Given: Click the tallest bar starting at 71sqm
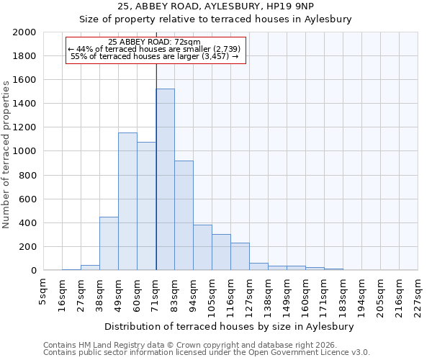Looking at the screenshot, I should (x=165, y=180).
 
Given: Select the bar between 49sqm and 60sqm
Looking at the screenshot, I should (x=127, y=202).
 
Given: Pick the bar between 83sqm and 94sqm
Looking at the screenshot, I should (x=184, y=216).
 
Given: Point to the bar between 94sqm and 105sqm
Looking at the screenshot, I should (x=202, y=248).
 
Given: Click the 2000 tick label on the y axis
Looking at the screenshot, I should (x=24, y=32).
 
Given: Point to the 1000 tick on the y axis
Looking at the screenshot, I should (x=24, y=151).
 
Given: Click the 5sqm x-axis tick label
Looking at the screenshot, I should (x=43, y=292).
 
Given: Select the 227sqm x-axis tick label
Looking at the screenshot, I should (x=418, y=296).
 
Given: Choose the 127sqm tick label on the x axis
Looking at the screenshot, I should (x=249, y=296).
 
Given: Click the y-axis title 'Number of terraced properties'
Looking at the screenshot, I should (x=6, y=154).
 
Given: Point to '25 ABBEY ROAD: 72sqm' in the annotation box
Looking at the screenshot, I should (x=154, y=42).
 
